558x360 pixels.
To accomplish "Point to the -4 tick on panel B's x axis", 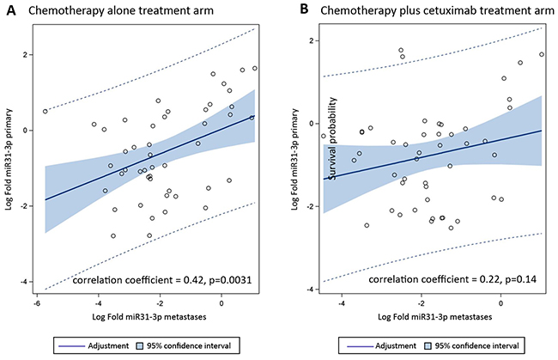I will click(x=343, y=303).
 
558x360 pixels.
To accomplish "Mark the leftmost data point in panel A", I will click(x=45, y=111).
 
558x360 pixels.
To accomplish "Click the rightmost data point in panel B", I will click(x=541, y=54).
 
